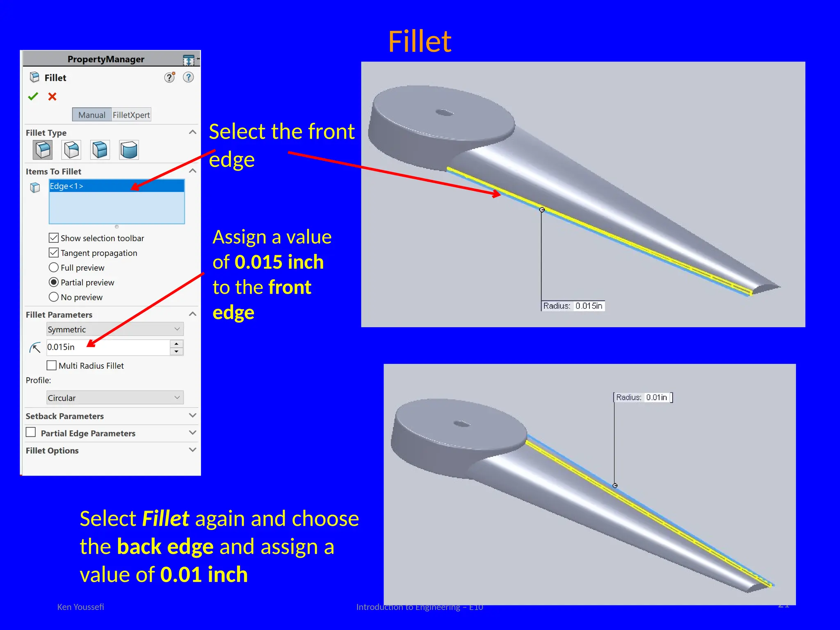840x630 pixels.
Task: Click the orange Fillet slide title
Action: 419,42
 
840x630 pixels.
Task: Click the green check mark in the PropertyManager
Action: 33,96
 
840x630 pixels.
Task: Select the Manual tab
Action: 91,115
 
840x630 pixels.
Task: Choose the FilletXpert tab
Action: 131,115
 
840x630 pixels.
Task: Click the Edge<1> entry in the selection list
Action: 66,186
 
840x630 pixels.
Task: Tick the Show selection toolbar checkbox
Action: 54,238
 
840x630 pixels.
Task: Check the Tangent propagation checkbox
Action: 54,253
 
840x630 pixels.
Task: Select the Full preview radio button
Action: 54,267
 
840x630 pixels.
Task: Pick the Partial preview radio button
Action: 54,282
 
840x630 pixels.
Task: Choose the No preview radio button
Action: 54,297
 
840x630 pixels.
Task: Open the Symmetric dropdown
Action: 115,329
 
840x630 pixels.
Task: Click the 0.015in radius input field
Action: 107,347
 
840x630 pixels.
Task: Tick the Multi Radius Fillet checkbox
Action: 52,365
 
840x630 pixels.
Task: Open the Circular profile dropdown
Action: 115,397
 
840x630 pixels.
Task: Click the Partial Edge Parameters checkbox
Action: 31,432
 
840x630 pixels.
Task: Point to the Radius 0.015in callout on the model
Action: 573,306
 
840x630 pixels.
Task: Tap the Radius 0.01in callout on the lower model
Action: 643,397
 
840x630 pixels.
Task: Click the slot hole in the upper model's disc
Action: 444,112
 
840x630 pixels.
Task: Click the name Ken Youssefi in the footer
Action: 80,607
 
